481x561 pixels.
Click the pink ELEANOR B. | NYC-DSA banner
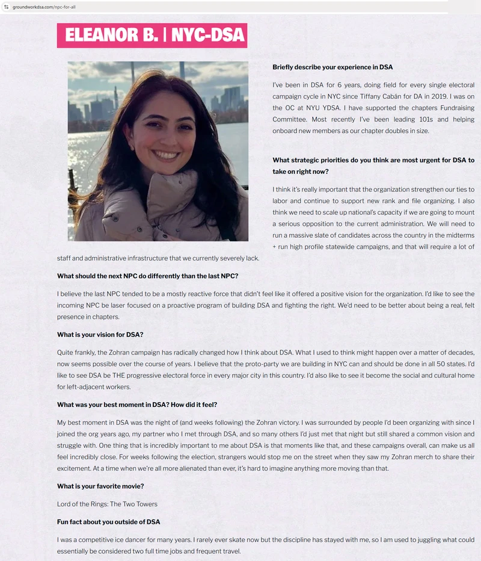click(152, 36)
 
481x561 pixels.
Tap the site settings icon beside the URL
click(6, 7)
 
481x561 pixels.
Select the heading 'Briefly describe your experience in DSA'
click(332, 67)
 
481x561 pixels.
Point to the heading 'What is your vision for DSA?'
click(100, 334)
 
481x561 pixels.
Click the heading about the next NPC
click(147, 276)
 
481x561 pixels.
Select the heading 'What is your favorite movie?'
click(100, 486)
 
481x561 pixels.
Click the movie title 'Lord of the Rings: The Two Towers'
click(107, 504)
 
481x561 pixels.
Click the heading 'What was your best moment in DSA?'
click(137, 404)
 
